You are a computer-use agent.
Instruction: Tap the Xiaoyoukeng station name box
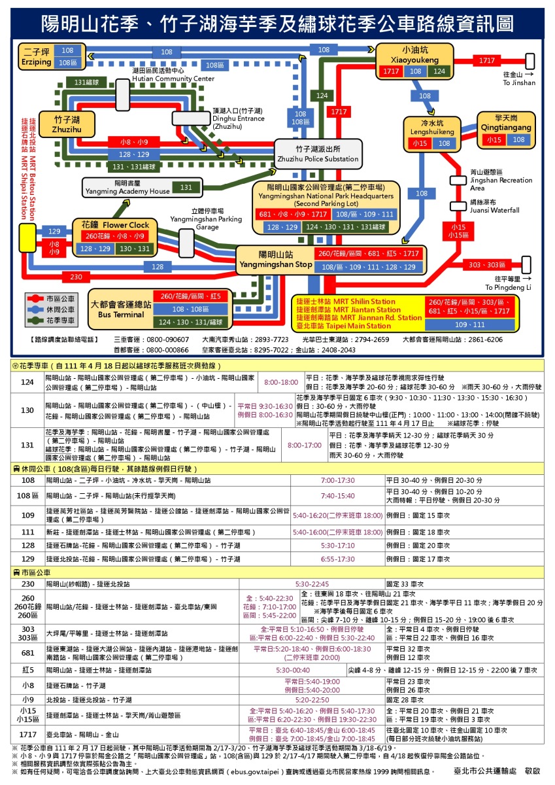414,54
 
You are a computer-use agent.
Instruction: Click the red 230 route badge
76,277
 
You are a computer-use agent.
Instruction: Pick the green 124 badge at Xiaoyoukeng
439,71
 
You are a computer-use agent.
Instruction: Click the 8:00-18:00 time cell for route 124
280,382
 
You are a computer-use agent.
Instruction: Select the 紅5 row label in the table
27,671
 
